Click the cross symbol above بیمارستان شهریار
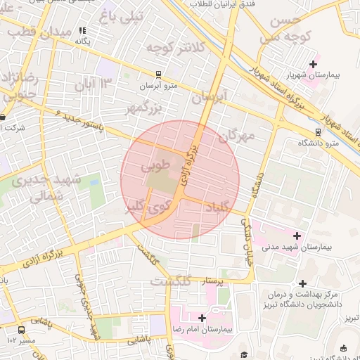point(313,64)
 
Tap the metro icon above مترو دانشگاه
point(318,131)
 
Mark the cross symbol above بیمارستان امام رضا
point(203,318)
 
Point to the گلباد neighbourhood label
point(217,206)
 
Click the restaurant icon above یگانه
point(83,30)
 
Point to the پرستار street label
point(212,281)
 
